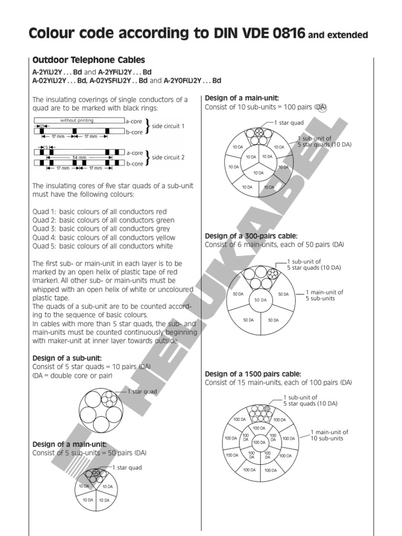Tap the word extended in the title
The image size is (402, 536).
(346, 36)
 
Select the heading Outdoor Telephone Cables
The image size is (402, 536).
(88, 60)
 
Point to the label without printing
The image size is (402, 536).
(77, 120)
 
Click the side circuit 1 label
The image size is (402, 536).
(168, 126)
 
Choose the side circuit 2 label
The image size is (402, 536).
(168, 157)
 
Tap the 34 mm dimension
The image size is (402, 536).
(80, 157)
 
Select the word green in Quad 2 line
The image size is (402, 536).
(164, 220)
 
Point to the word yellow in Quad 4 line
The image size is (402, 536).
(164, 238)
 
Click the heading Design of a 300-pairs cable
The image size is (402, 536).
(251, 236)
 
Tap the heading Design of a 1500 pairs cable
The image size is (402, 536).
(253, 374)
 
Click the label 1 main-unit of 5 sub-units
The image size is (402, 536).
(324, 295)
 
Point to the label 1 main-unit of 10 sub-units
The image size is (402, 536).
(329, 435)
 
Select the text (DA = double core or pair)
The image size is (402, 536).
(72, 375)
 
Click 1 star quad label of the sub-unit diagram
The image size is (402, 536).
(142, 391)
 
